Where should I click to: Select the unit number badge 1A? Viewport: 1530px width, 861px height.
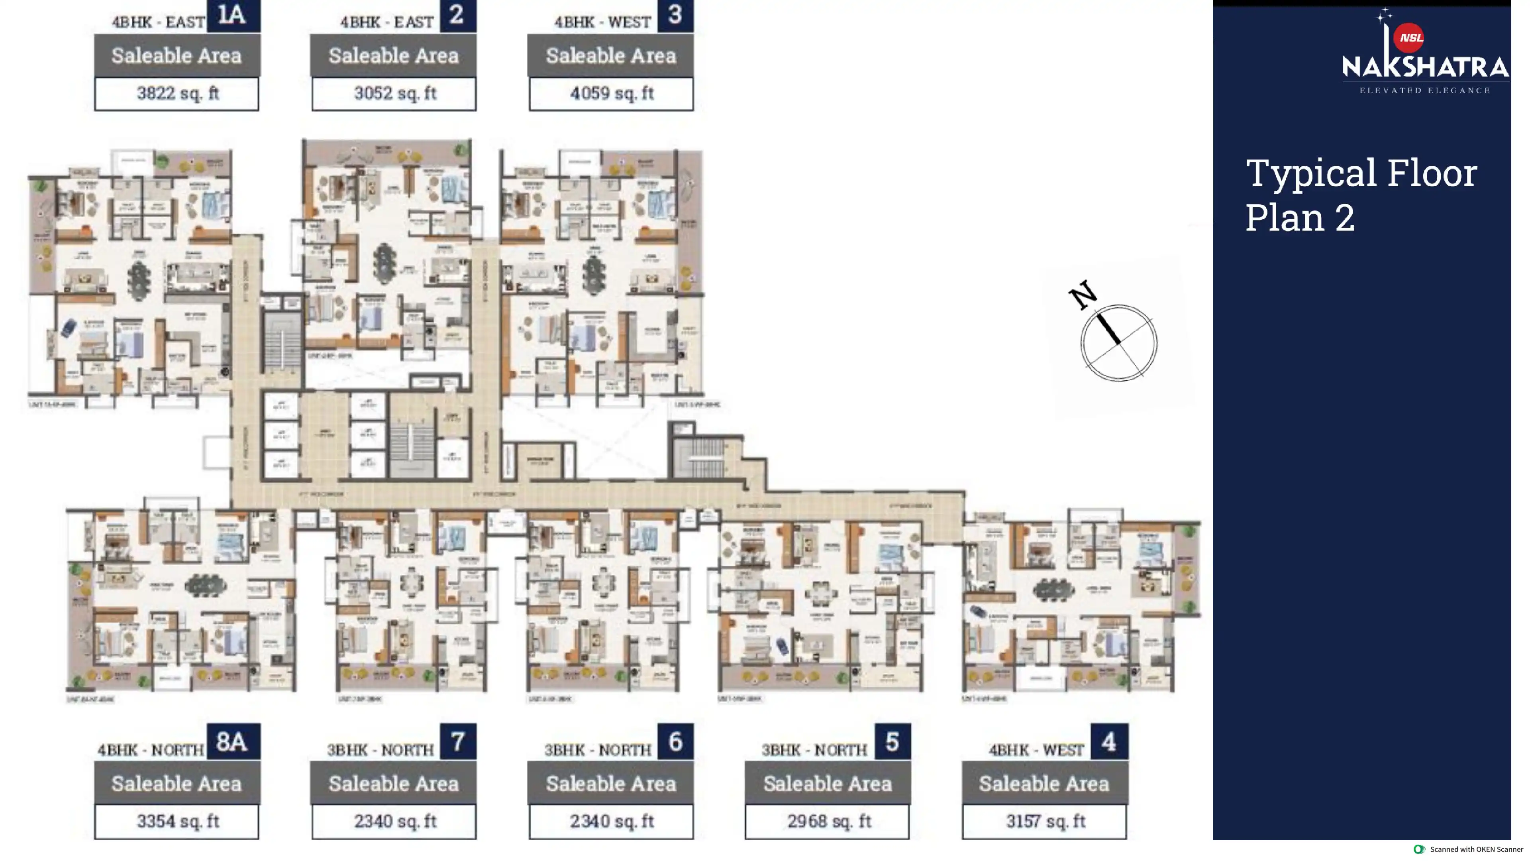(233, 15)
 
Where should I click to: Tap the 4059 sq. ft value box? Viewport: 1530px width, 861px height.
(611, 93)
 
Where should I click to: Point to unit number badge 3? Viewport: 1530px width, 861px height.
(675, 15)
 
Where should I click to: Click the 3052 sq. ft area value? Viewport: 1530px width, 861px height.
(394, 93)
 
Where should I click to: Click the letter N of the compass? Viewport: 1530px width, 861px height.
(1083, 294)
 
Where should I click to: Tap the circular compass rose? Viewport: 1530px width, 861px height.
(1118, 343)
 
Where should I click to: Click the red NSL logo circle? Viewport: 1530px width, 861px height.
(1409, 38)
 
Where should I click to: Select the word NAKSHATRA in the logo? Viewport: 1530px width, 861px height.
(1424, 67)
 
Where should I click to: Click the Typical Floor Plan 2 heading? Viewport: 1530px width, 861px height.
(1360, 195)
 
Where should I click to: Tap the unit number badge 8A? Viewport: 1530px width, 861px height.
(233, 741)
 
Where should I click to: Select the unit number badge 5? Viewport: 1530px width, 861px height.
(892, 741)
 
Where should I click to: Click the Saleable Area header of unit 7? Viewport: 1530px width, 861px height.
(394, 784)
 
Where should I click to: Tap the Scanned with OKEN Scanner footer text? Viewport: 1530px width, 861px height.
(1475, 849)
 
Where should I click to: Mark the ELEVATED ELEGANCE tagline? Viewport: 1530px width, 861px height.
(1424, 90)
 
